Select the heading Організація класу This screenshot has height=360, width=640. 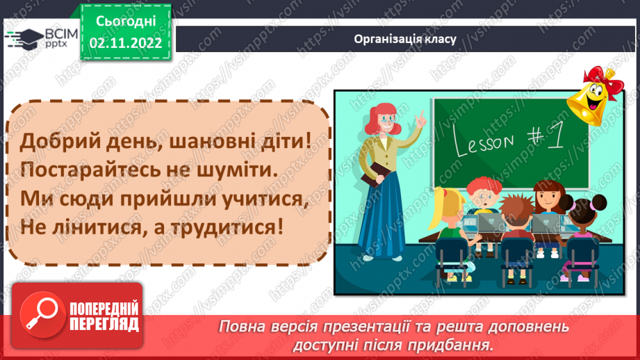pos(404,39)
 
